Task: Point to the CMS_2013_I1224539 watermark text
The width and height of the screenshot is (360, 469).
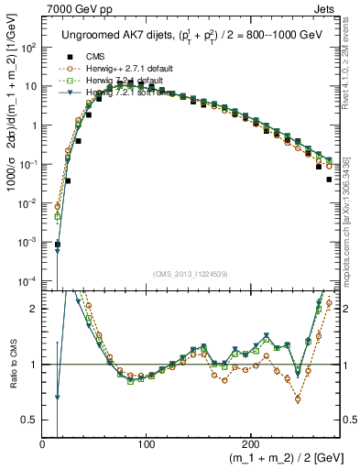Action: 191,273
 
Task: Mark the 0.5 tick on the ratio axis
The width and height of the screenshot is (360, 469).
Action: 30,420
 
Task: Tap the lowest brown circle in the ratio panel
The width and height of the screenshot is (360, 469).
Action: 298,398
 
